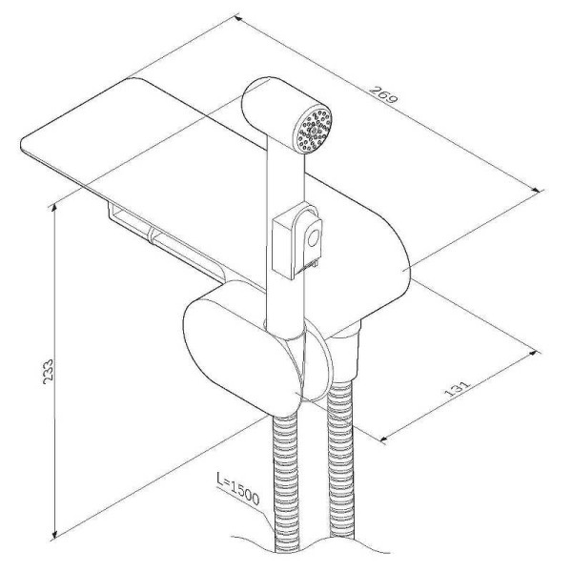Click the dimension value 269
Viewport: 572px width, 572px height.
pyautogui.click(x=382, y=94)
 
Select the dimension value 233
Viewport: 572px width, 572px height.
pyautogui.click(x=48, y=372)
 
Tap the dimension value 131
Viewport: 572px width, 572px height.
pyautogui.click(x=457, y=389)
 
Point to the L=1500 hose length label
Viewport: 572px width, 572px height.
pyautogui.click(x=237, y=489)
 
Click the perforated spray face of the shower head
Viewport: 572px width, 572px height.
pyautogui.click(x=315, y=130)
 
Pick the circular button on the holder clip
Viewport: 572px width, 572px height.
pyautogui.click(x=314, y=239)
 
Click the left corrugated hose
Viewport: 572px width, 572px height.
pyautogui.click(x=286, y=481)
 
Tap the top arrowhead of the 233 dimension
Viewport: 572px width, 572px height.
pyautogui.click(x=54, y=208)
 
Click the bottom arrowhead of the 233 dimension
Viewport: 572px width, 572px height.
pyautogui.click(x=54, y=533)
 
